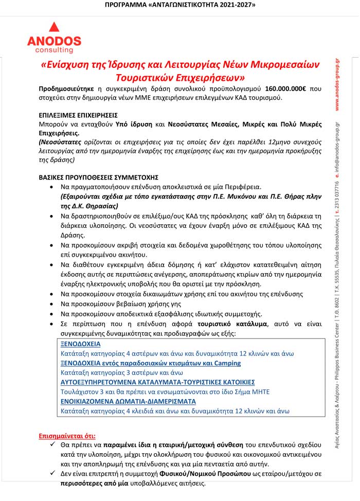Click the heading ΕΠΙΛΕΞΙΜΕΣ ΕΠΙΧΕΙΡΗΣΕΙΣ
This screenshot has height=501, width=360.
pos(78,115)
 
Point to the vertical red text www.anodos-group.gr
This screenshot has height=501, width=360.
pos(337,85)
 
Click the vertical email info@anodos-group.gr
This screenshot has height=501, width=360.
pos(337,149)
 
